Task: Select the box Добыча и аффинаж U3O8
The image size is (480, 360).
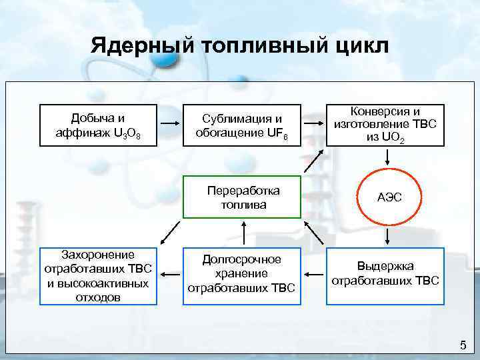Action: [x=99, y=125]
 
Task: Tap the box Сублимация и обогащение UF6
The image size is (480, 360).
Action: [x=243, y=125]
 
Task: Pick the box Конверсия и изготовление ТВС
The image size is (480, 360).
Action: [x=385, y=125]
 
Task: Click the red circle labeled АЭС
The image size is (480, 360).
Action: [x=387, y=198]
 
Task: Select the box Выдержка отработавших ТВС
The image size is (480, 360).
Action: [x=385, y=273]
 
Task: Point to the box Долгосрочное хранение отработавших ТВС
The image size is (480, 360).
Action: [x=243, y=273]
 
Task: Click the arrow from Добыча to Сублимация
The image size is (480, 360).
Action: [x=171, y=125]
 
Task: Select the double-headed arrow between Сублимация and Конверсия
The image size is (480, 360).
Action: [x=314, y=125]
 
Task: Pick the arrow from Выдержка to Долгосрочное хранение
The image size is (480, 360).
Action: [x=314, y=273]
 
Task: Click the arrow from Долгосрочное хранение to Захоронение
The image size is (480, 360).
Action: [x=171, y=273]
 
